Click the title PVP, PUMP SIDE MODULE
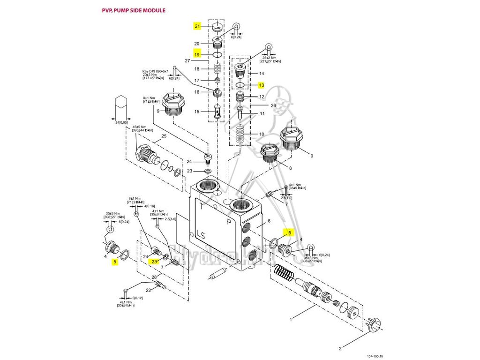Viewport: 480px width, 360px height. point(134,10)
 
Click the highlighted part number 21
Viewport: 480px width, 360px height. point(197,26)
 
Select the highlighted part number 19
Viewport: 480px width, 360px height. point(197,54)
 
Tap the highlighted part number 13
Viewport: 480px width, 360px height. point(262,85)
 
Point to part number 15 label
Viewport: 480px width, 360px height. point(197,112)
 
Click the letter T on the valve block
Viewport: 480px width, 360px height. point(202,206)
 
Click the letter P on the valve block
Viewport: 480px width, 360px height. point(229,222)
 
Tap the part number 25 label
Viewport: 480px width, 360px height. point(164,136)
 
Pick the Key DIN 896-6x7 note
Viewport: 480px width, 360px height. point(155,71)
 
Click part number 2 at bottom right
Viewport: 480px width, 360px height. point(340,348)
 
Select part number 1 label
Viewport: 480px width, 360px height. point(291,320)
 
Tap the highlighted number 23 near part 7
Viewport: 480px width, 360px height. point(154,262)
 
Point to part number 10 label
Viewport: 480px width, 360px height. point(262,135)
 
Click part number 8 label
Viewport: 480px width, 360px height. point(290,168)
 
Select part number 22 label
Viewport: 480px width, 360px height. point(148,290)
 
